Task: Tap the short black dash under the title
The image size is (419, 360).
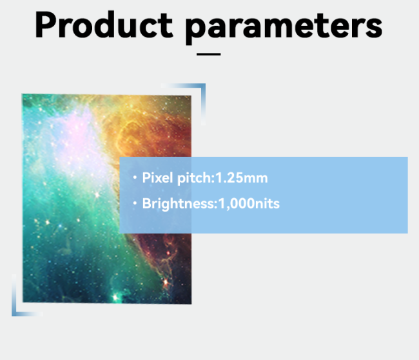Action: [x=208, y=54]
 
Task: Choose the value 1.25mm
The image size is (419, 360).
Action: [x=241, y=177]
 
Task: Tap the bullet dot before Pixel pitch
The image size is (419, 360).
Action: [x=135, y=177]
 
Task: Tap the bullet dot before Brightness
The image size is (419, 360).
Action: [x=135, y=204]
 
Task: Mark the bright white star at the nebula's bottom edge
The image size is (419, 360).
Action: [x=116, y=297]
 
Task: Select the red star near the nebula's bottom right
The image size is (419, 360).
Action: [x=169, y=282]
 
